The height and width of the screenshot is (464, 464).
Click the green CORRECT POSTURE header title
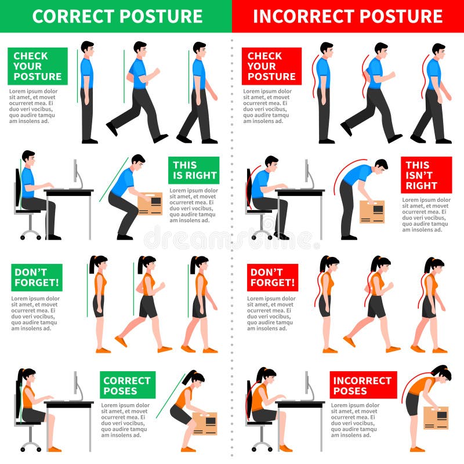(x=116, y=16)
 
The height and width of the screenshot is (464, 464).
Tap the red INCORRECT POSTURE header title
(x=348, y=16)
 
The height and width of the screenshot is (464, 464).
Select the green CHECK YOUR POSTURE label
(x=38, y=66)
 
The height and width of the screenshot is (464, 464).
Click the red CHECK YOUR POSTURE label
(x=271, y=66)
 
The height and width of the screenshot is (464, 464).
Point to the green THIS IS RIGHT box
(x=194, y=170)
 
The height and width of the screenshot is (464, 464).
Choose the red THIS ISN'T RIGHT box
(x=426, y=175)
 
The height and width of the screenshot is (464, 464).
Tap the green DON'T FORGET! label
(x=37, y=277)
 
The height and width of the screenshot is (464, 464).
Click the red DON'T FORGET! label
(x=272, y=277)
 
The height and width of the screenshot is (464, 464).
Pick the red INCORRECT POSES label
(x=363, y=386)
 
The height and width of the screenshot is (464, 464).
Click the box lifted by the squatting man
(x=150, y=204)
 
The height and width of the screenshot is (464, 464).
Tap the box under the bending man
(x=372, y=212)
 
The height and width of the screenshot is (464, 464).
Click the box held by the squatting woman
(x=204, y=423)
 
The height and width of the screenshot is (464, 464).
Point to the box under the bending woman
(x=436, y=418)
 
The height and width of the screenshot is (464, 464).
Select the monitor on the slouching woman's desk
(x=306, y=383)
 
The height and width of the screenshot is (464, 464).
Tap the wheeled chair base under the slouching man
(x=263, y=232)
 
